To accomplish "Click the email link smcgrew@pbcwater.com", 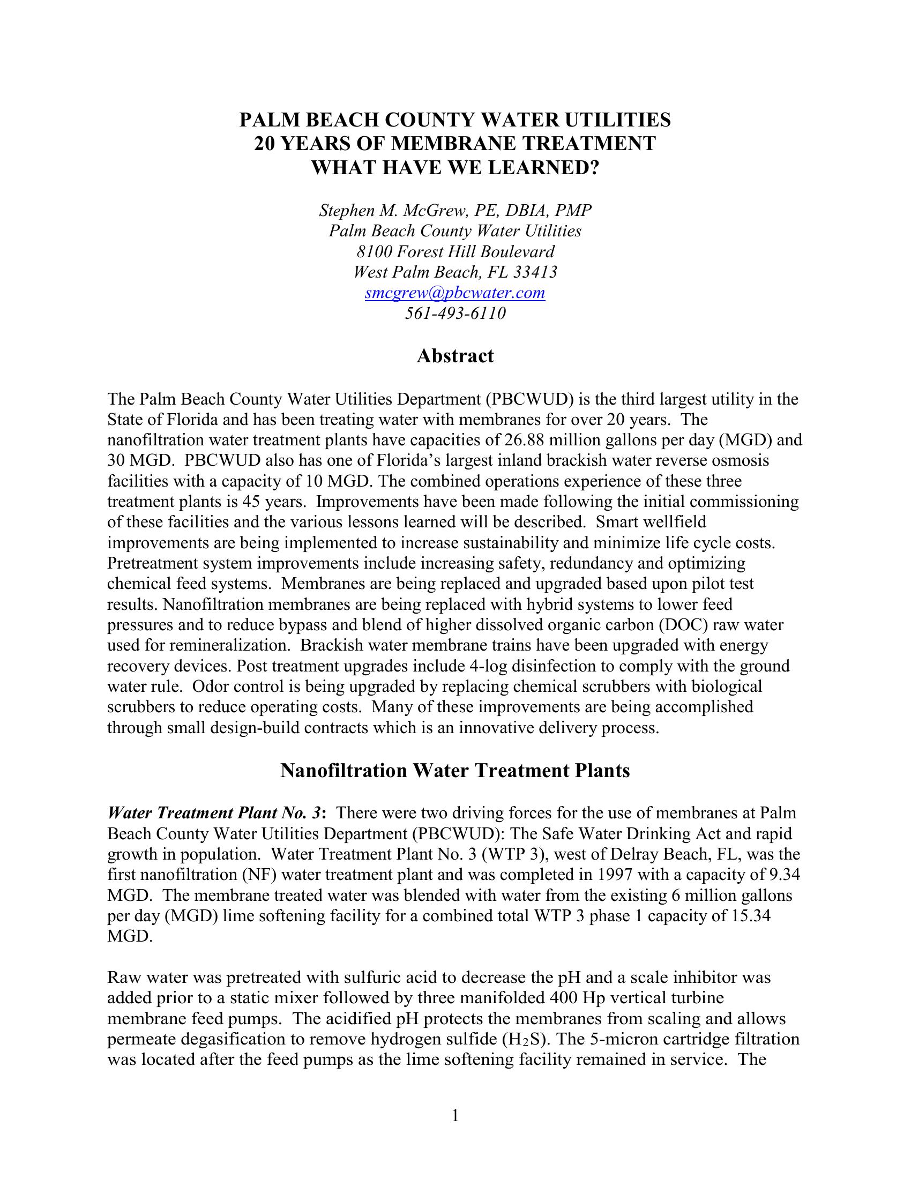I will [455, 293].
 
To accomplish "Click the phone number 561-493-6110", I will [455, 314].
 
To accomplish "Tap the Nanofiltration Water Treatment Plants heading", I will [455, 771].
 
